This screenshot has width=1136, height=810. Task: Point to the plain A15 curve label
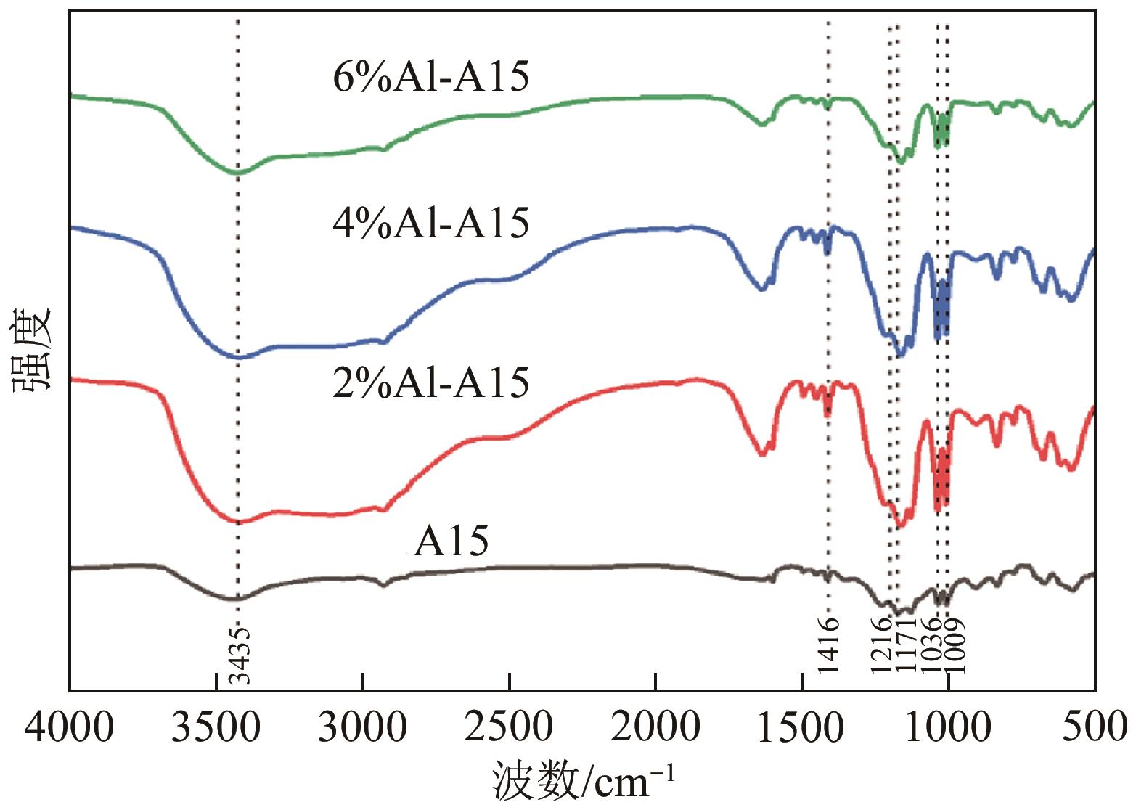point(451,541)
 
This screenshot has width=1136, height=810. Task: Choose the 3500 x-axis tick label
point(216,727)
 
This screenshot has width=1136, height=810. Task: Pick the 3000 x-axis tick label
point(362,727)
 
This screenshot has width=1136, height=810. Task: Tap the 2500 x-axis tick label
point(510,727)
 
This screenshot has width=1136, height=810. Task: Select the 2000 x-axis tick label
point(655,727)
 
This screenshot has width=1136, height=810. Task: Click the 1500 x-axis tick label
point(801,727)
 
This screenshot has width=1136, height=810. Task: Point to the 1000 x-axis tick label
point(947,727)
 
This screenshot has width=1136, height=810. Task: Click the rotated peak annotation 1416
point(828,646)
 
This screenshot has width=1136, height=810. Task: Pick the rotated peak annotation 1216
point(881,646)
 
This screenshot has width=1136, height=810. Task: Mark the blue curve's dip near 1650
point(761,288)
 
